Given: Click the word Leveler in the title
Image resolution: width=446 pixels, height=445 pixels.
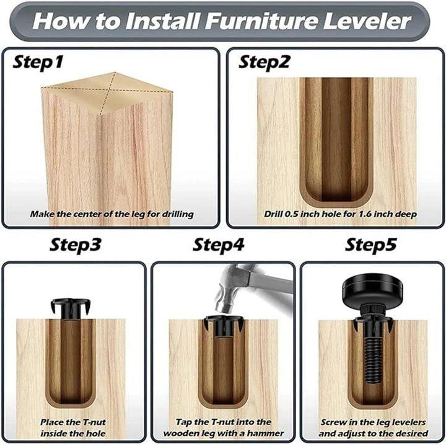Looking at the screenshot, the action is pos(367,21).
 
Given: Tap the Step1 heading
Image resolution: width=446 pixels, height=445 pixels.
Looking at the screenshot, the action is pos(38,62).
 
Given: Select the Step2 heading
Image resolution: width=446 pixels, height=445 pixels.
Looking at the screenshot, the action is pos(264,62).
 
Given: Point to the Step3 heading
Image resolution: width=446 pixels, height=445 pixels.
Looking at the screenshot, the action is pos(75,245).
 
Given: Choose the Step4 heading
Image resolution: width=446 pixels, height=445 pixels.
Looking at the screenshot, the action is pos(219,245).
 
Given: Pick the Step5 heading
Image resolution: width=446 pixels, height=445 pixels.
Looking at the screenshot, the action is pos(370,245).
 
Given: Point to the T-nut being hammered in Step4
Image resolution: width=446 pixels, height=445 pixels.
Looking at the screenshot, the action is pos(224,326).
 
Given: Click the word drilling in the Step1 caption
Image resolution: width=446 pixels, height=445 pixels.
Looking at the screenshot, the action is pos(178,214).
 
